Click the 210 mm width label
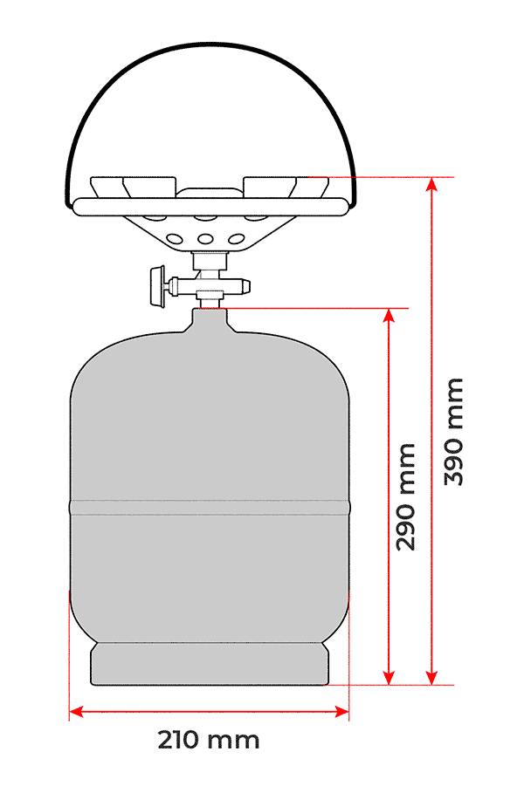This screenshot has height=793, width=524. click(x=209, y=741)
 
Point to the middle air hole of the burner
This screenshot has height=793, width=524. click(x=208, y=240)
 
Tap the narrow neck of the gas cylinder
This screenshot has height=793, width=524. click(x=209, y=320)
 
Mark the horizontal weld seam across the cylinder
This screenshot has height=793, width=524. click(x=209, y=503)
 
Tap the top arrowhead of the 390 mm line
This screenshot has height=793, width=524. click(x=431, y=184)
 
